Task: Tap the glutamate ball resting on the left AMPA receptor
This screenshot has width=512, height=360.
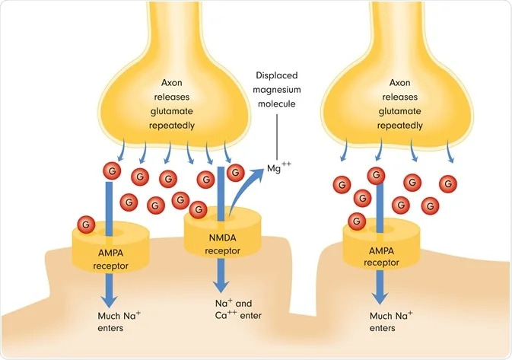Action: (x=86, y=224)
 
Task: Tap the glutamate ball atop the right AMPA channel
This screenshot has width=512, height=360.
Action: (x=376, y=176)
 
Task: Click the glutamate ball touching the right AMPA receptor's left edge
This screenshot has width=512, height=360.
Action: (x=355, y=221)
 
